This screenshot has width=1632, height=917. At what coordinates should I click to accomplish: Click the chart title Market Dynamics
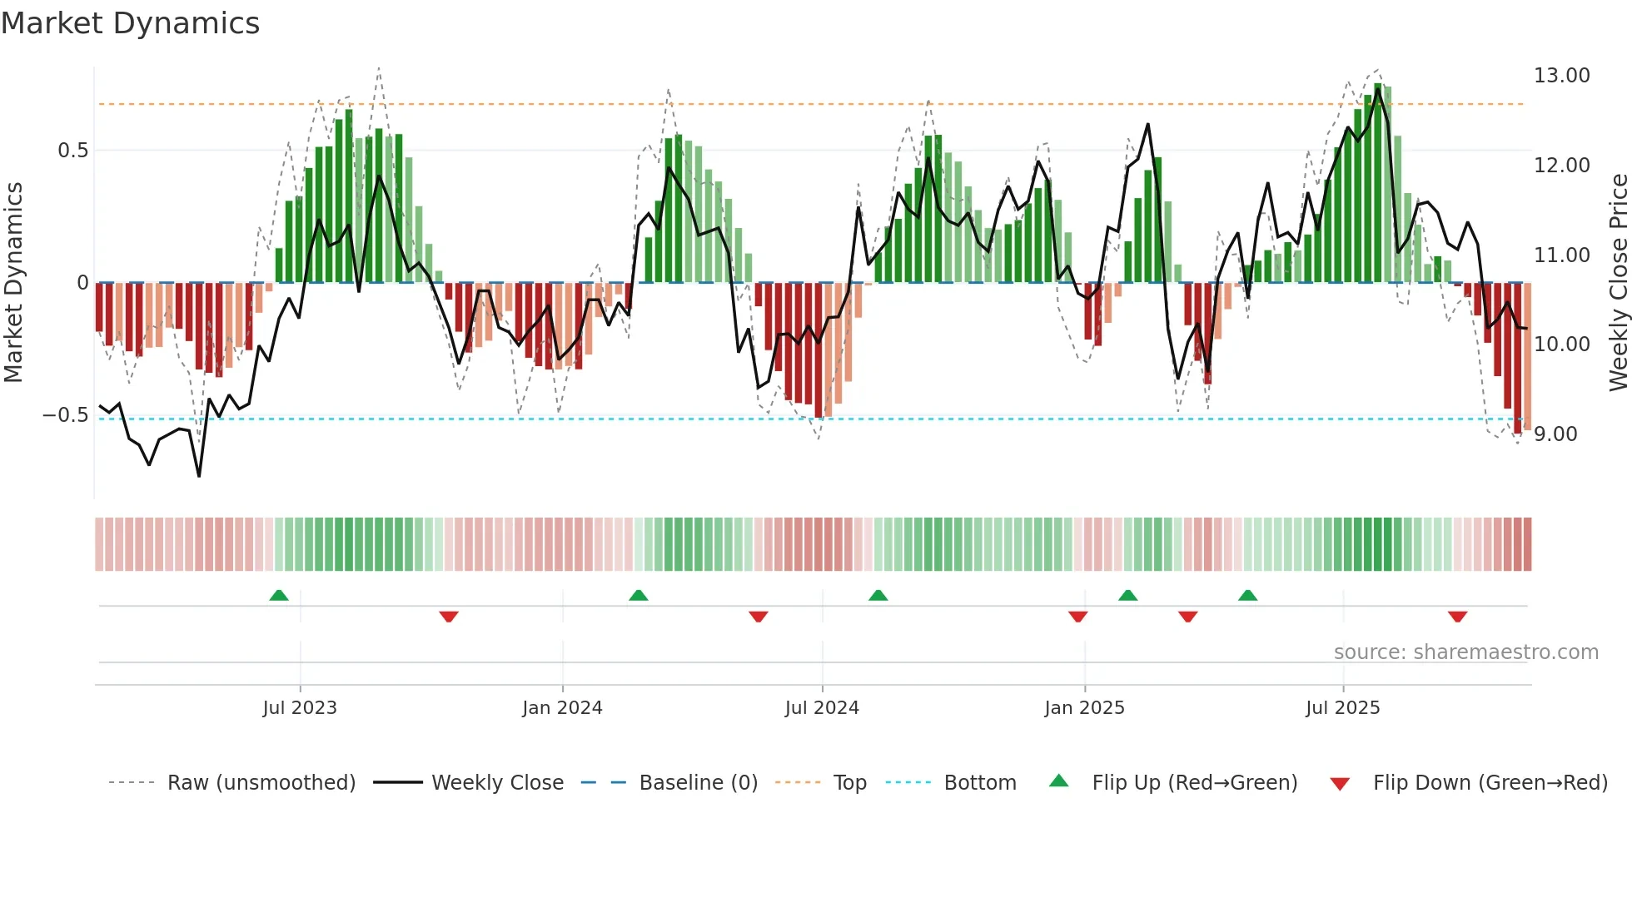(x=130, y=23)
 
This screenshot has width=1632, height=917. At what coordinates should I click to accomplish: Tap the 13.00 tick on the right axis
(x=1561, y=76)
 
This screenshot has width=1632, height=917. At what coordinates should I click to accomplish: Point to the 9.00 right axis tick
(x=1555, y=434)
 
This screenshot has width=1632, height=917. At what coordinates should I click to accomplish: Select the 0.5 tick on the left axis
(x=72, y=151)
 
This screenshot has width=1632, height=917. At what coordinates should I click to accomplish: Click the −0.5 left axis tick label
(x=65, y=415)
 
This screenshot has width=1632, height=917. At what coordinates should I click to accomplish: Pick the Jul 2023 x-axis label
(x=300, y=708)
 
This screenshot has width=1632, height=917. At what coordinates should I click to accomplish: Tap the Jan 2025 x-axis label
(x=1084, y=708)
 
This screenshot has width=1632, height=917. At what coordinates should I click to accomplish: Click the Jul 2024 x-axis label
(x=822, y=708)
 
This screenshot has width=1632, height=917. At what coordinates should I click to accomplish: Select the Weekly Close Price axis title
(x=1618, y=283)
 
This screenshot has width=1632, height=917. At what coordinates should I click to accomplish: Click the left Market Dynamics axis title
(x=13, y=283)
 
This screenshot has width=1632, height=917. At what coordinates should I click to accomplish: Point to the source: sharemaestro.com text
(x=1465, y=652)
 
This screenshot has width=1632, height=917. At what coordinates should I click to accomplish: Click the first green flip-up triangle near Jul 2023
(x=279, y=596)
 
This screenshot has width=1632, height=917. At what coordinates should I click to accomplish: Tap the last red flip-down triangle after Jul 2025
(x=1457, y=617)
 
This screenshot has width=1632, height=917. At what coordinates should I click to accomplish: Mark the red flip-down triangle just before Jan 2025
(x=1077, y=617)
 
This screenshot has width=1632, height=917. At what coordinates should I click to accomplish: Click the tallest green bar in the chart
(x=1378, y=183)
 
